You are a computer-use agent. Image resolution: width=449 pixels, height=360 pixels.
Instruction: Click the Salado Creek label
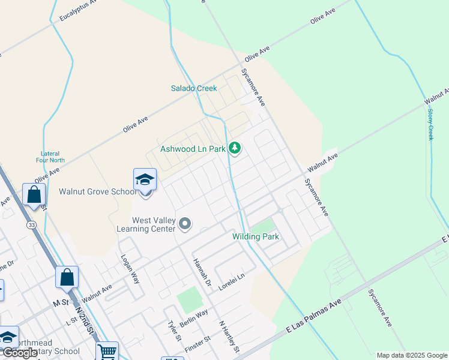(194, 88)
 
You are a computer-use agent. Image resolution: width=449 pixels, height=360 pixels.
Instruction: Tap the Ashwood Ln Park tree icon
(235, 148)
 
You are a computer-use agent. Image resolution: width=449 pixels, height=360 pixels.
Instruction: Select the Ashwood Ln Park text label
(193, 149)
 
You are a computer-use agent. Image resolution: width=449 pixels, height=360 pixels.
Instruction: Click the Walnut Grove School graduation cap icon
(145, 179)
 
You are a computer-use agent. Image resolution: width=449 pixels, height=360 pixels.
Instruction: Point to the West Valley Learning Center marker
(185, 224)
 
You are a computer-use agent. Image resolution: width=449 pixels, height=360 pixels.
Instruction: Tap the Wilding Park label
(256, 236)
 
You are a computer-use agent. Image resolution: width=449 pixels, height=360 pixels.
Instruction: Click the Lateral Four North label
(50, 157)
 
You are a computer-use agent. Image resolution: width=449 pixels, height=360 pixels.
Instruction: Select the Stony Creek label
(430, 121)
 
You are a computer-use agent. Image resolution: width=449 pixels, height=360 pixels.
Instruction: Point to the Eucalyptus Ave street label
(79, 12)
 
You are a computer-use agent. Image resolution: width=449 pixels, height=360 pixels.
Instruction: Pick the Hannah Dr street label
(202, 272)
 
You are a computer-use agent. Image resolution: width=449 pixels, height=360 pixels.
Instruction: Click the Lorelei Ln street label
(232, 281)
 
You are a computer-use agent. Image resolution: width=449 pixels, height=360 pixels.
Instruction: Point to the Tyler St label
(174, 330)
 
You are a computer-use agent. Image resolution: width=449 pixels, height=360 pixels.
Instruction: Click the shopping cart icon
(107, 351)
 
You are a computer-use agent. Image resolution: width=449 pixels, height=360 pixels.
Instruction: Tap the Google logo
(20, 353)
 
